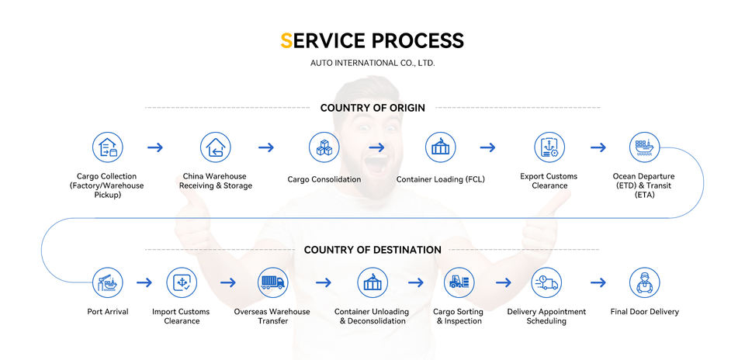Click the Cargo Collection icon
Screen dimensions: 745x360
pos(108,147)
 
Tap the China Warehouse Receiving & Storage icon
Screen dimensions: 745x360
pos(216,147)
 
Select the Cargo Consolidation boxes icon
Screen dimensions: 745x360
pos(324,147)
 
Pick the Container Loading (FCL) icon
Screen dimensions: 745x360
pos(441,147)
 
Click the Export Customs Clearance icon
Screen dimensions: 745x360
pos(549,147)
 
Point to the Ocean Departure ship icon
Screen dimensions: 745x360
pos(643,147)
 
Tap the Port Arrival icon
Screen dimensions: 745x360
pos(107,283)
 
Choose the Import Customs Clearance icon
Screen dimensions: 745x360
pos(182,283)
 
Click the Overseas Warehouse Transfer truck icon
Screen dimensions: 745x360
pos(272,283)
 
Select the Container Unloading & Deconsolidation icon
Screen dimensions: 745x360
pos(372,283)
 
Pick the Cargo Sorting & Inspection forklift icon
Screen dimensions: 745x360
pos(459,283)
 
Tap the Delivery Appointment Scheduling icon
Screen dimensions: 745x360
pos(546,283)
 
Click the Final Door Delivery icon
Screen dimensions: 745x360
pos(645,283)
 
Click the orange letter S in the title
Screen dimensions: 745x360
pos(286,40)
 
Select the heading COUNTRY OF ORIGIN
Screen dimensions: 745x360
pos(372,108)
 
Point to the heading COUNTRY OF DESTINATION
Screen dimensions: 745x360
pos(372,250)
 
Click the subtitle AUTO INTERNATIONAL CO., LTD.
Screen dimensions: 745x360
pos(372,63)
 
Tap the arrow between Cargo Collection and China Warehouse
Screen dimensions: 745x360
pos(155,147)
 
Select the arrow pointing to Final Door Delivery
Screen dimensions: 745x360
pos(597,283)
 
